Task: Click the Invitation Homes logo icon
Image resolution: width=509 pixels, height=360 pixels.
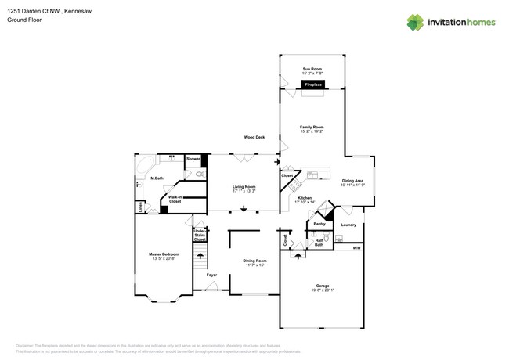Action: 415,22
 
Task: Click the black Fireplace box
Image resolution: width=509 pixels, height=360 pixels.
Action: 312,84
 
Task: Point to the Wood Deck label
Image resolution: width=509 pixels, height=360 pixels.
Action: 254,137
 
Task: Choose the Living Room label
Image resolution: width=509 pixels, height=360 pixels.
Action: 244,188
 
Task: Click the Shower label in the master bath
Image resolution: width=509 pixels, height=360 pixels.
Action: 193,159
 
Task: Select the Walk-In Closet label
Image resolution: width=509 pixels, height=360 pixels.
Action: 175,200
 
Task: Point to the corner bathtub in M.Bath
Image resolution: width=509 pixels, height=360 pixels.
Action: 146,165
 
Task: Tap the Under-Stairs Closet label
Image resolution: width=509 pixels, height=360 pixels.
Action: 200,235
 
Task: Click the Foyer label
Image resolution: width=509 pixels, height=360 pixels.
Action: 211,275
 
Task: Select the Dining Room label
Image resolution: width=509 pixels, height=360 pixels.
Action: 254,262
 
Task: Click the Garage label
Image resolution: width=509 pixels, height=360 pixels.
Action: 322,287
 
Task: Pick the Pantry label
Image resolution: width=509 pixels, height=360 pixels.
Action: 319,224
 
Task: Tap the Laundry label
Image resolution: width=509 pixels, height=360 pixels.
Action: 348,225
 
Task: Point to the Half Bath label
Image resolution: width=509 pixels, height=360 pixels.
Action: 319,243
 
